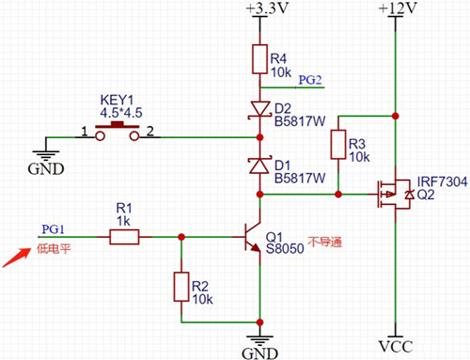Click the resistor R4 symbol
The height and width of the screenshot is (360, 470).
258,59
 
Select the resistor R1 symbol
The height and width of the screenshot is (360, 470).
124,239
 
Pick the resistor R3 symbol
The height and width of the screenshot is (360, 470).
337,146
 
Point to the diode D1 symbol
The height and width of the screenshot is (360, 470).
258,165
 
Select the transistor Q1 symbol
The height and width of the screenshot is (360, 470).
250,236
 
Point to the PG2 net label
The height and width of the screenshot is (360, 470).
310,80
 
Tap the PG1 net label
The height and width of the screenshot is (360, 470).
52,228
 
